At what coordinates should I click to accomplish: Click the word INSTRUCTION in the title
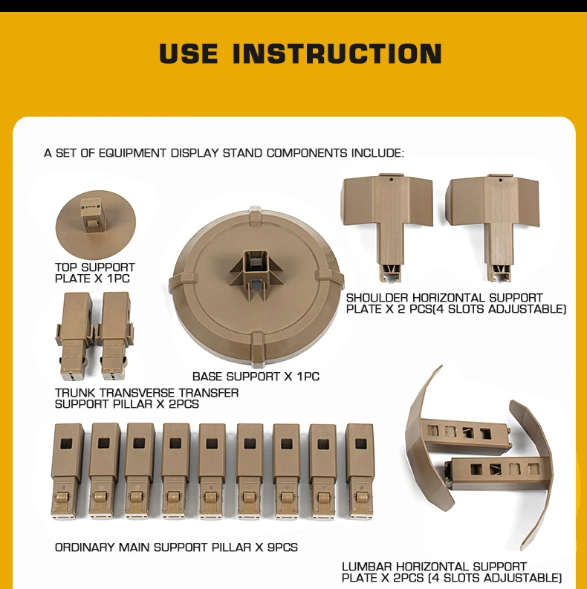(x=337, y=53)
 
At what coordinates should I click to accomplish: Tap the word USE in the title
(x=189, y=53)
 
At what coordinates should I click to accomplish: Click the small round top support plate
(x=95, y=224)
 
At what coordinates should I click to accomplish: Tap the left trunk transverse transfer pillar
(x=74, y=336)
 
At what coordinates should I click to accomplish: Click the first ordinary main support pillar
(x=68, y=472)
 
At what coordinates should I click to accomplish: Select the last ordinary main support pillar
(x=359, y=472)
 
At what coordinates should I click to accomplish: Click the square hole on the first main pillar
(x=68, y=443)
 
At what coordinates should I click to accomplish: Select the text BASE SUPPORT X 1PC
(x=256, y=377)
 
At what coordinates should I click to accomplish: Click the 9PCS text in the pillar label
(x=282, y=547)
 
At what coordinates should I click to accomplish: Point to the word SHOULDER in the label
(x=377, y=298)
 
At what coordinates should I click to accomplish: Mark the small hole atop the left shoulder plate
(x=391, y=180)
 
